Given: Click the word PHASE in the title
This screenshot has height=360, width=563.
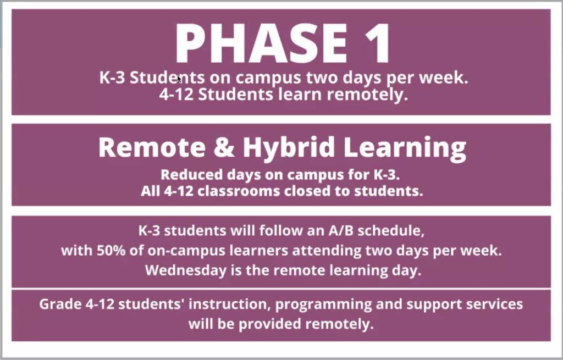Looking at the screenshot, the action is click(261, 43).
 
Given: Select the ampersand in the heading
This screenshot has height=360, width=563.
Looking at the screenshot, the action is click(224, 147).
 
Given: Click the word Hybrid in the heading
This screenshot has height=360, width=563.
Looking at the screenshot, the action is click(289, 148).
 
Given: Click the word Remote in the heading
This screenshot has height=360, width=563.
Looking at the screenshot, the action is click(152, 147).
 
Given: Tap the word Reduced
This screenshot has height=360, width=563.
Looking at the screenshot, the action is click(192, 175).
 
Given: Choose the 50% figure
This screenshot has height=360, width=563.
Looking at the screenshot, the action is click(111, 251).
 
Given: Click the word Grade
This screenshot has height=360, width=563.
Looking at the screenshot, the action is click(60, 304).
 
